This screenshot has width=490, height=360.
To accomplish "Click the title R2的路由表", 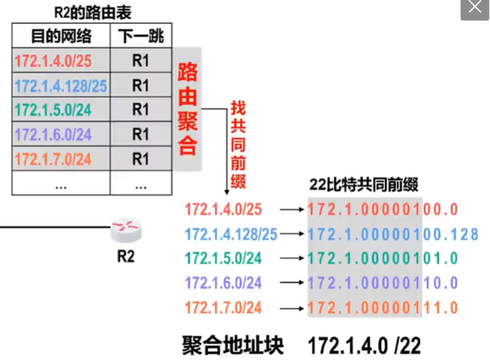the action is click(92, 12).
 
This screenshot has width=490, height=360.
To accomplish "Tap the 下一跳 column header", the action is click(141, 36).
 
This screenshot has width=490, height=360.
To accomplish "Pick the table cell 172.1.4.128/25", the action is click(61, 86).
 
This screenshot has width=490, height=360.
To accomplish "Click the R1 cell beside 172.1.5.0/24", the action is click(141, 110).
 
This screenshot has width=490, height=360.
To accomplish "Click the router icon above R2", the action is click(126, 228).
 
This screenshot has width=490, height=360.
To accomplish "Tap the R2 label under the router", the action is click(125, 256).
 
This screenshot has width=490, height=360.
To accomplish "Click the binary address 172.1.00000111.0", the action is click(384, 308).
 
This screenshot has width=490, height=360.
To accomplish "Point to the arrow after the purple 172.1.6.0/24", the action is click(288, 283).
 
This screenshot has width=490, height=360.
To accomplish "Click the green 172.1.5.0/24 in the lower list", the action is click(223, 259).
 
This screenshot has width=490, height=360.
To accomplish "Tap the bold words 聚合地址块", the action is click(231, 345).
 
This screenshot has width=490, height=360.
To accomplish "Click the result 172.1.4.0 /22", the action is click(365, 345).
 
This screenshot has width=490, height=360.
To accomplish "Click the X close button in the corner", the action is click(475, 10).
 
